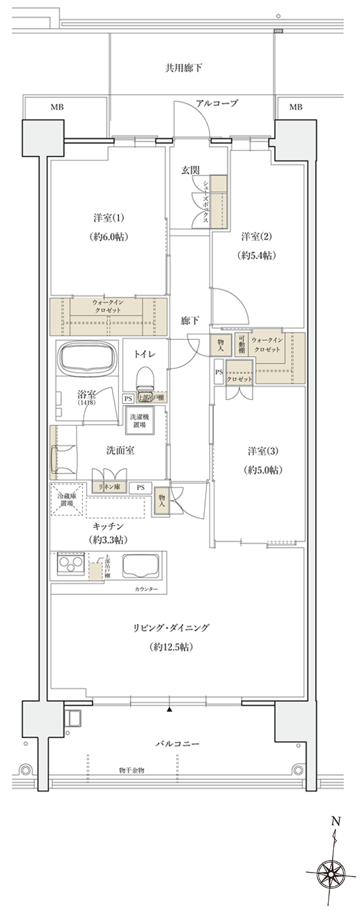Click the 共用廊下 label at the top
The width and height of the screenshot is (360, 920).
(x=184, y=68)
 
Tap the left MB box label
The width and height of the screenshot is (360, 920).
(x=58, y=107)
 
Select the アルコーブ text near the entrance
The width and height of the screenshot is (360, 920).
(x=217, y=103)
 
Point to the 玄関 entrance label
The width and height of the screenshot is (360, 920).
(x=190, y=171)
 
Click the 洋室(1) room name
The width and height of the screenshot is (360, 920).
(x=107, y=218)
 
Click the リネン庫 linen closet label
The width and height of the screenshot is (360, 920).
(x=109, y=487)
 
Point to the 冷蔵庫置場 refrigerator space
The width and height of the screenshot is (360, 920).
(x=67, y=499)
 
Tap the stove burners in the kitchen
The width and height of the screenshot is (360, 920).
(x=68, y=567)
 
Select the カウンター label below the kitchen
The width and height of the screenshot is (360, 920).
(x=146, y=589)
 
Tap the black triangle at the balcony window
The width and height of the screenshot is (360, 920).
(x=170, y=709)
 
